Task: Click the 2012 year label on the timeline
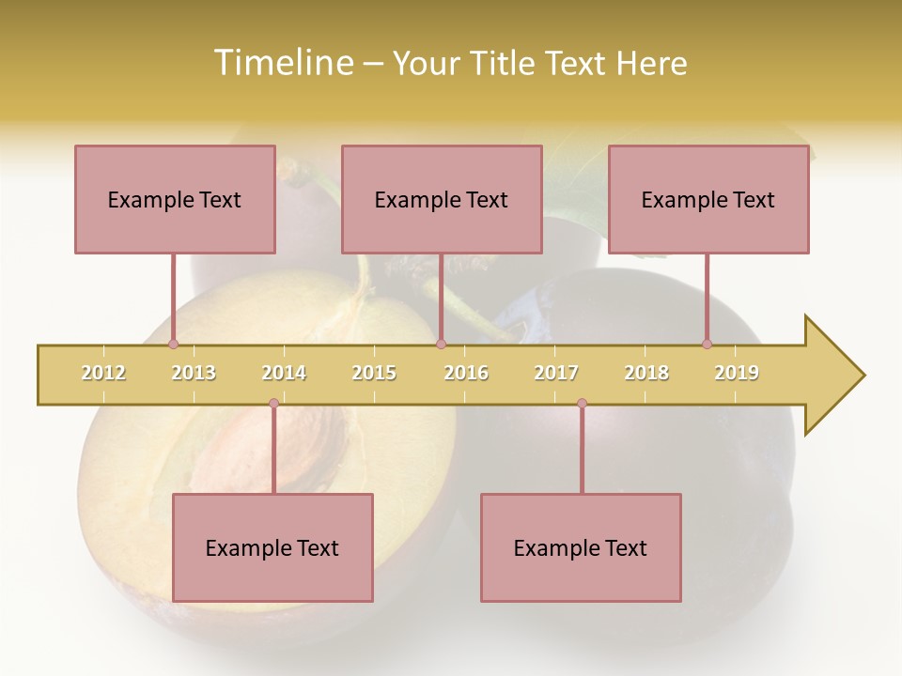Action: point(103,373)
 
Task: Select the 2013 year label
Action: point(194,373)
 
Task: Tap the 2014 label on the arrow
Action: point(284,373)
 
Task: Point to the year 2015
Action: point(374,373)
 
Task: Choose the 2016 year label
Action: point(466,373)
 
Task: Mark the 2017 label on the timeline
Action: point(556,373)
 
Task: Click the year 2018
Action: point(646,373)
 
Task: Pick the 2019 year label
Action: point(737,373)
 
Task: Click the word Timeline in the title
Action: point(281,63)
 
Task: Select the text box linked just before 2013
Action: point(175,199)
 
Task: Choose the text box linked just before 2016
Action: point(442,199)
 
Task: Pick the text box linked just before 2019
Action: point(708,199)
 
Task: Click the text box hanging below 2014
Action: point(272,547)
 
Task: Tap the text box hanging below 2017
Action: point(581,547)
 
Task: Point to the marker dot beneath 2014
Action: point(273,404)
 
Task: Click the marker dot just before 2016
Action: point(441,344)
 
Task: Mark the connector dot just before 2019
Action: point(707,344)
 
